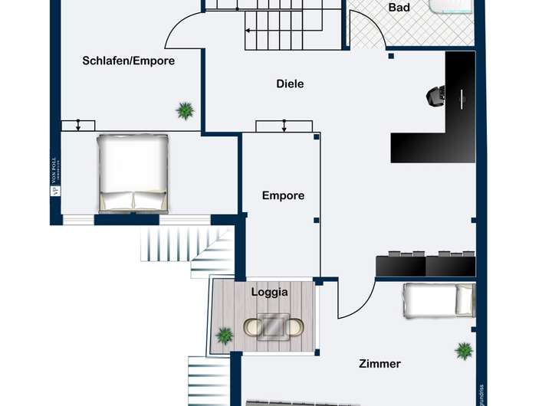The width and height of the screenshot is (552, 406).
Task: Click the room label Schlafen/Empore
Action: coord(129,61)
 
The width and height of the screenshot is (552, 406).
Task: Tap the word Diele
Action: coord(290,83)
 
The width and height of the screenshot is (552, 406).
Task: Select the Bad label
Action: coord(399,8)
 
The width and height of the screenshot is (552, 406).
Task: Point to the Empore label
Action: coord(283,195)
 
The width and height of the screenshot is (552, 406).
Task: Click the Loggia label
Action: coord(270,292)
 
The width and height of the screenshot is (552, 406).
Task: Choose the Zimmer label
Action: coord(379,364)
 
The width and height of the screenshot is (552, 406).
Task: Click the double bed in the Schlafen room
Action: coord(133,173)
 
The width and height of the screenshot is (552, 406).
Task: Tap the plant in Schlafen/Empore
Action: coord(185,111)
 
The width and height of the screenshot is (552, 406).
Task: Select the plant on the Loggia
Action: coord(225,335)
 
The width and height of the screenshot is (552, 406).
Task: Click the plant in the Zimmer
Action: coord(464,351)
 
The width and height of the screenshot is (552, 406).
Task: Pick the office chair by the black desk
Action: coord(437,96)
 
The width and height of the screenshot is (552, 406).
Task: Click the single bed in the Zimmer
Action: coord(439,300)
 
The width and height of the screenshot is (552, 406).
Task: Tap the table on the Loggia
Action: coord(274,326)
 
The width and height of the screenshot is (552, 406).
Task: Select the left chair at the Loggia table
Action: coord(253,327)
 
